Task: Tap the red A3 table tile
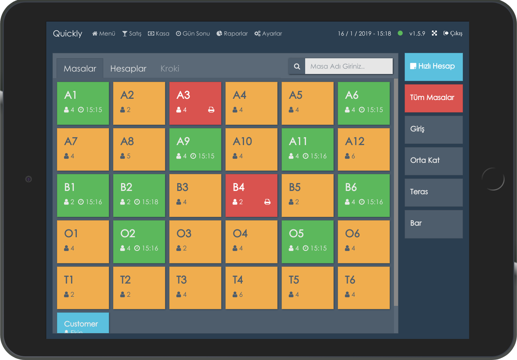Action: click(195, 103)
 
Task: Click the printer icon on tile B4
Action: click(267, 202)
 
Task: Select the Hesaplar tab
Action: click(128, 69)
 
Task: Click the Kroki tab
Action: click(170, 69)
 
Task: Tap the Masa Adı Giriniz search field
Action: click(348, 66)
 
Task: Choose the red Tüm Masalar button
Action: click(433, 98)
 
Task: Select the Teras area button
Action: click(433, 192)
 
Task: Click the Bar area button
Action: click(433, 224)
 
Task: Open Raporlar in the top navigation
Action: click(232, 33)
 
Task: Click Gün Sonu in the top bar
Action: click(193, 33)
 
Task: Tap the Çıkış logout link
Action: click(453, 33)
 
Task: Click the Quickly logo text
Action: click(68, 33)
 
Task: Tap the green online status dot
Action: click(400, 33)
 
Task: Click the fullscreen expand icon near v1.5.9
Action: click(434, 33)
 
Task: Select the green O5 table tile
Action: click(307, 241)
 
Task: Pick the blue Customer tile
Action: click(83, 323)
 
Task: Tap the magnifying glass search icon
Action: click(297, 66)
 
